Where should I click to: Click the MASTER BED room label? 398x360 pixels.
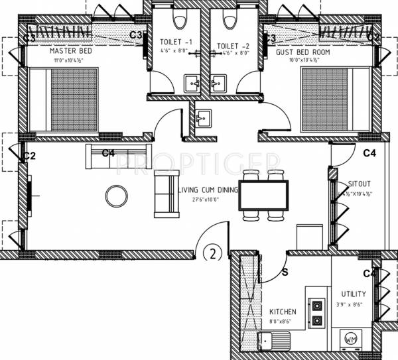click(x=70, y=51)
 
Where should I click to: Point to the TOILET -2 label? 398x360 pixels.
click(x=232, y=46)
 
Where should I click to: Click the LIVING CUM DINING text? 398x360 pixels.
click(x=209, y=190)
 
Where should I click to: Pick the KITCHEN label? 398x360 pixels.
click(x=283, y=312)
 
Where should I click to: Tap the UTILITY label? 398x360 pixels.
click(x=353, y=294)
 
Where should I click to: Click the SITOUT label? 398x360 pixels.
click(x=359, y=184)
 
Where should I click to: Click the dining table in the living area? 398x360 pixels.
click(x=263, y=196)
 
